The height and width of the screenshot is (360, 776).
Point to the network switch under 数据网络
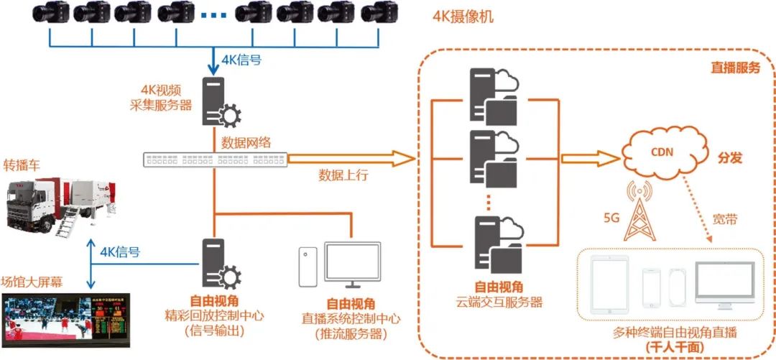pos(214,159)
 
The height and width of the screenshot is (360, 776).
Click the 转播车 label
pos(22,165)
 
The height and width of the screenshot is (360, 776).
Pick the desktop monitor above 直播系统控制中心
pos(348,267)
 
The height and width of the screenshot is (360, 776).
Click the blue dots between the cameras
pos(213,14)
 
